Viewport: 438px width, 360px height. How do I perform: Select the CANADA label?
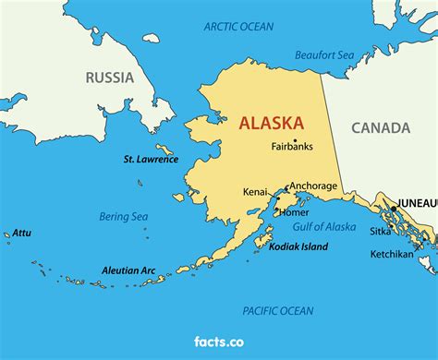click(380, 127)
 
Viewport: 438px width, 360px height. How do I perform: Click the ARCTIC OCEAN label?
click(239, 27)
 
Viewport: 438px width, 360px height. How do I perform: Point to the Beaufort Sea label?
click(324, 55)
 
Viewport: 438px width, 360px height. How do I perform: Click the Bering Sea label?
click(124, 217)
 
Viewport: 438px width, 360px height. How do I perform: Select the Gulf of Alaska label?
click(324, 227)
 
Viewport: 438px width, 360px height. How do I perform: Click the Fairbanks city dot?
click(295, 139)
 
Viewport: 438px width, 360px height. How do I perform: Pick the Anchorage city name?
click(313, 186)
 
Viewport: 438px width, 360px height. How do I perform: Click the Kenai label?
click(255, 192)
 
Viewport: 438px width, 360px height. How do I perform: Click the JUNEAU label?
click(417, 201)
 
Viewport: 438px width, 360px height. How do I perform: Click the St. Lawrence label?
click(151, 159)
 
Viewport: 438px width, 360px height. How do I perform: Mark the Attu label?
click(21, 233)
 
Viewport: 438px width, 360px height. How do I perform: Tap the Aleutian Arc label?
click(128, 270)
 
